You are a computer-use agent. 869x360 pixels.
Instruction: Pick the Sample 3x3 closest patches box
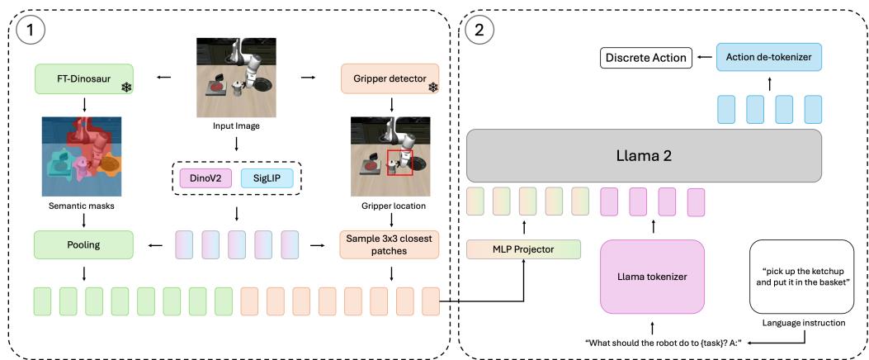click(x=390, y=244)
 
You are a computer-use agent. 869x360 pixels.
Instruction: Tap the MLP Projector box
click(x=522, y=249)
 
